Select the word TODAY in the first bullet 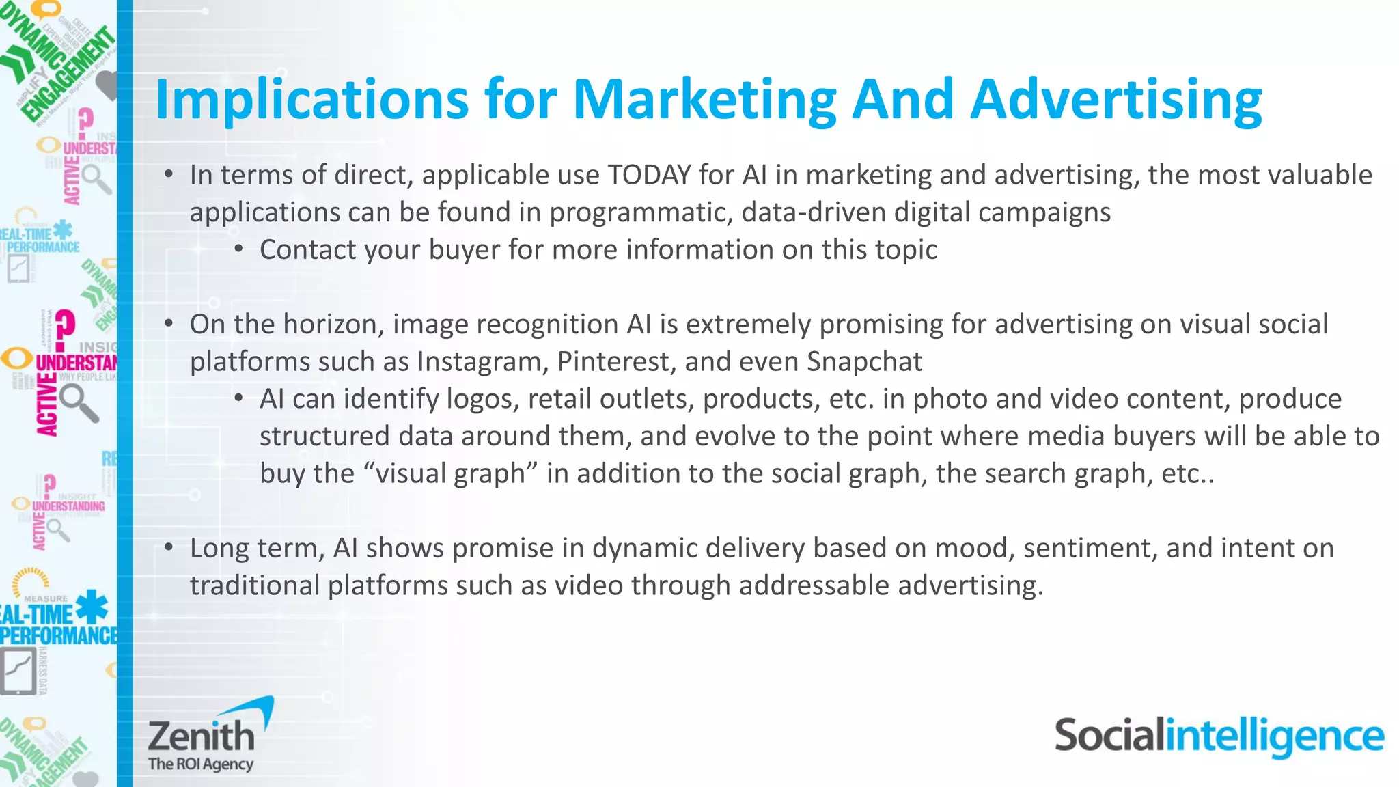pos(649,175)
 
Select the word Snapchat pos(864,361)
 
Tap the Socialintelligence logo pos(1219,736)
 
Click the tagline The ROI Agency pos(201,764)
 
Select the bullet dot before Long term pos(169,547)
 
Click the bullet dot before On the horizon pos(169,323)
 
